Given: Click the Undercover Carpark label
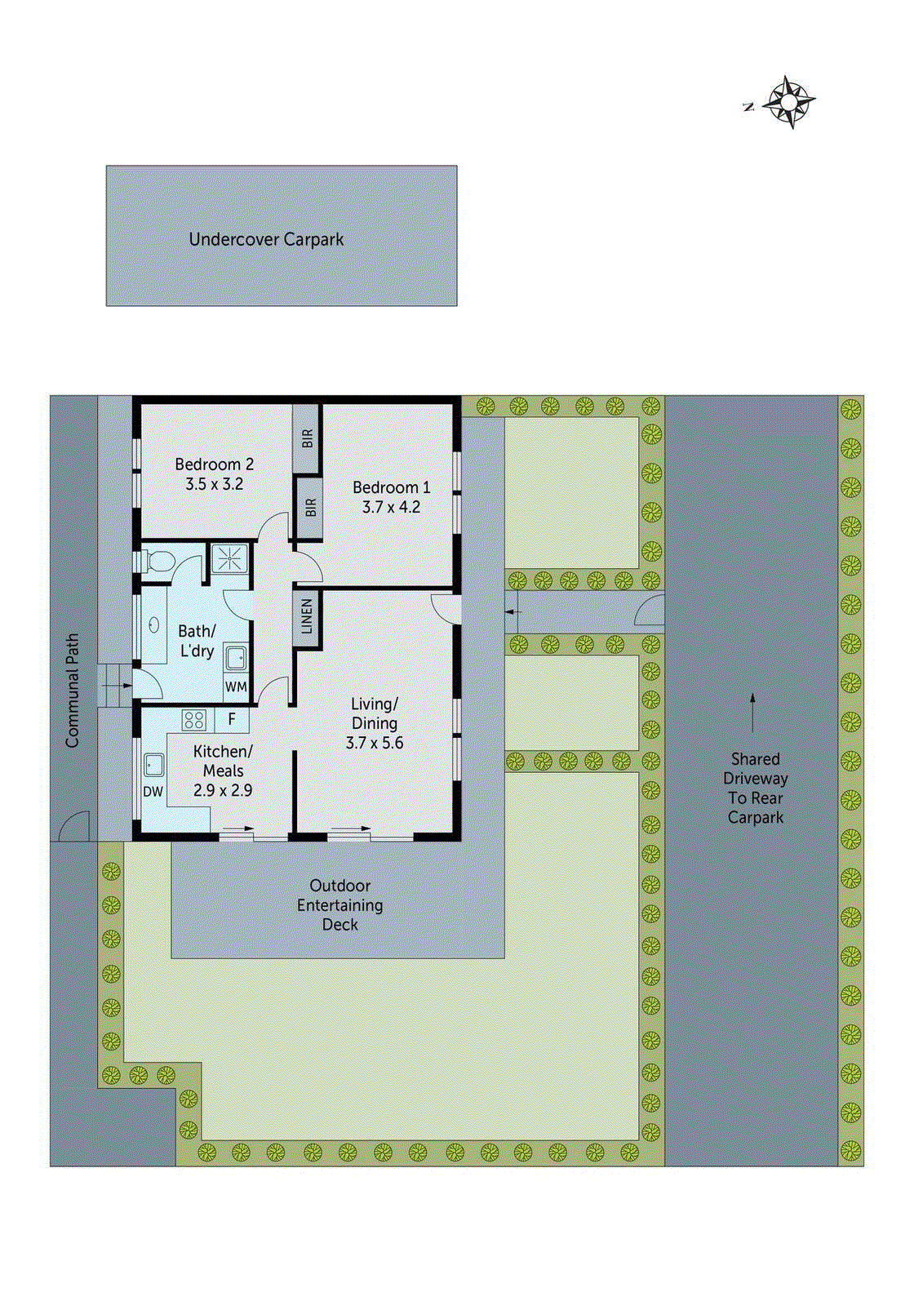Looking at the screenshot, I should tap(266, 240).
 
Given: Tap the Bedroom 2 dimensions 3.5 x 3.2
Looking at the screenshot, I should tap(214, 484).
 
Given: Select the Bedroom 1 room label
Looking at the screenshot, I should tap(391, 487).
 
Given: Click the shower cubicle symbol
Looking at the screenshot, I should tap(230, 558).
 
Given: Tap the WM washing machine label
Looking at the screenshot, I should tap(236, 687).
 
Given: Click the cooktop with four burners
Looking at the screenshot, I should tap(194, 720).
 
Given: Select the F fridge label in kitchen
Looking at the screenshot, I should tap(232, 719).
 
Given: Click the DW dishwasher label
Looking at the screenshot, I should tap(153, 792).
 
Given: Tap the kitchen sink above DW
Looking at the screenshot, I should tap(153, 765).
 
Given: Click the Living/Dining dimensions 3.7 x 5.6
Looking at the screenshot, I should tap(375, 743).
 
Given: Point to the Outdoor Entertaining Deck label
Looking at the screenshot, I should tap(339, 905).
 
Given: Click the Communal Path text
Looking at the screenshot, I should tap(73, 691).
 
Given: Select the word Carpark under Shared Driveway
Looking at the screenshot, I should tap(755, 818).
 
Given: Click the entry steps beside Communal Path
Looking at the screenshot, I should tap(114, 686).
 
